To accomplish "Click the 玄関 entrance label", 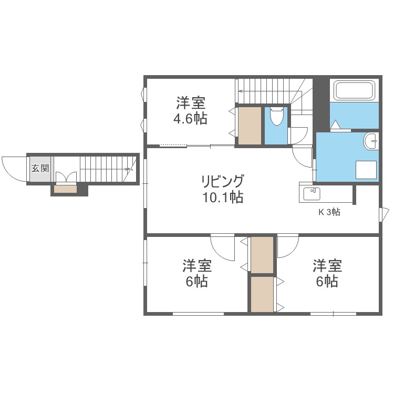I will coord(39,169).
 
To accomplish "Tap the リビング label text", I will coord(222,182).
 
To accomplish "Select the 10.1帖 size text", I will coord(222,198).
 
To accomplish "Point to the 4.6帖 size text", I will coord(190,118).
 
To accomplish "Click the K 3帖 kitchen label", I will coord(329,212).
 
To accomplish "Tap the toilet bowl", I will coord(276,116).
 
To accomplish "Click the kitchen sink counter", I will coord(312,193).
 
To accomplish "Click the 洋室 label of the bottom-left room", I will coord(197,264).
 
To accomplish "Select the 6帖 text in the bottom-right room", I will coord(327,282).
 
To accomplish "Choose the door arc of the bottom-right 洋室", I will coord(288,247).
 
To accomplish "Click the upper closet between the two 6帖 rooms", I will coord(262,255).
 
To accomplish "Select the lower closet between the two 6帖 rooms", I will coord(262,294).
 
